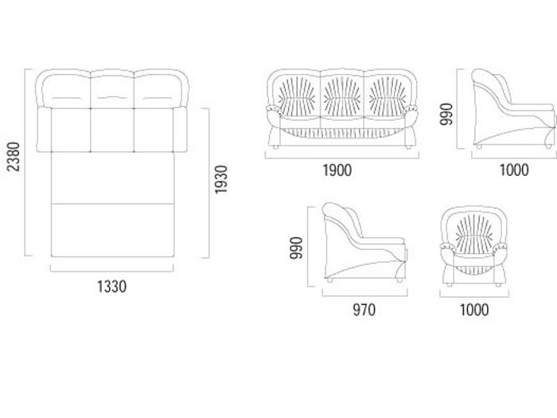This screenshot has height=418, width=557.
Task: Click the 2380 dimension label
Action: [x=14, y=157]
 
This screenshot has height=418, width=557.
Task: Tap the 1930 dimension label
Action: [x=220, y=179]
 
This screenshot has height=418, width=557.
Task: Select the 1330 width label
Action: [x=112, y=287]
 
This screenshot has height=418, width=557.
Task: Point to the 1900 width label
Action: [x=337, y=170]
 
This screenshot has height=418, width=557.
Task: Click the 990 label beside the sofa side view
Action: [x=446, y=114]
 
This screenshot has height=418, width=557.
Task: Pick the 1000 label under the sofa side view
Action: [x=514, y=170]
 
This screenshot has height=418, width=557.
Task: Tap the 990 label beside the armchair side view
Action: [x=296, y=248]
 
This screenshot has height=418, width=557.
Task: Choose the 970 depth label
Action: [x=364, y=310]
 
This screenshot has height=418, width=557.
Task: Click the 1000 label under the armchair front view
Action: [x=474, y=310]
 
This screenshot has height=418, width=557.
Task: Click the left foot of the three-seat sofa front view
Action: [x=275, y=146]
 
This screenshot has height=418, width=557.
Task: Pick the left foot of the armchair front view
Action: [x=450, y=285]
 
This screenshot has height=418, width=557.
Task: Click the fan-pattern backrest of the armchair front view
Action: [x=474, y=232]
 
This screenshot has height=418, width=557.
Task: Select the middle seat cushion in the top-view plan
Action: [x=112, y=130]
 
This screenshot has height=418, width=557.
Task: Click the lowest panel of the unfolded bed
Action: [x=113, y=230]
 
